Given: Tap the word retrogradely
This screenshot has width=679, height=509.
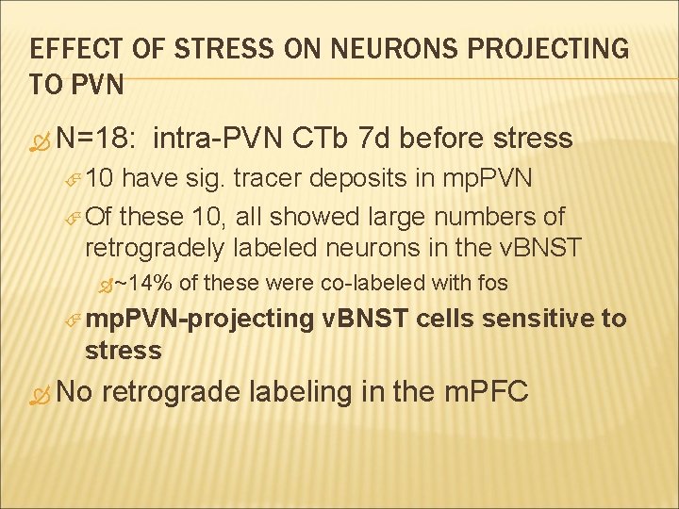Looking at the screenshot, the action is tap(154, 248).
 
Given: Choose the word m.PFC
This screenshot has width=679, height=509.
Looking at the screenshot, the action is tap(485, 390).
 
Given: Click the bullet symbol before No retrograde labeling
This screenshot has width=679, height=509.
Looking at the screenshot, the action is tap(39, 391).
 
